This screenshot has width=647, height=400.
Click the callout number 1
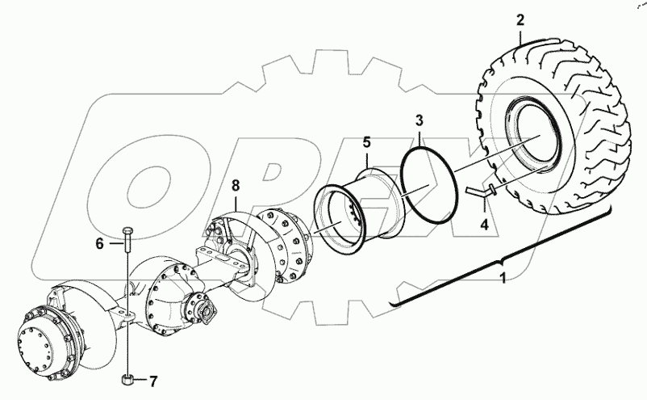pyautogui.click(x=503, y=280)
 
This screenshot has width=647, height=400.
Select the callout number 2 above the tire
pyautogui.click(x=520, y=20)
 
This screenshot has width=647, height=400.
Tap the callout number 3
pyautogui.click(x=419, y=121)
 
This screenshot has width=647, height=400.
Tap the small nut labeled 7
pyautogui.click(x=127, y=378)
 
